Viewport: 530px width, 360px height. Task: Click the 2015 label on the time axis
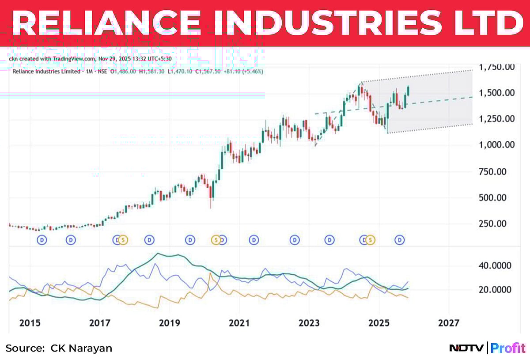30,323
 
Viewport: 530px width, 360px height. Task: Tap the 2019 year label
170,323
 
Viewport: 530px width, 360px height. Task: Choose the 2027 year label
449,323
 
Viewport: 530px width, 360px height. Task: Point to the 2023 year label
309,323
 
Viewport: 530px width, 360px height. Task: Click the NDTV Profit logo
487,348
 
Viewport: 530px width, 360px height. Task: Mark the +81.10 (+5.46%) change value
242,71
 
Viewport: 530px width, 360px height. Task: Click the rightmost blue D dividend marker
400,240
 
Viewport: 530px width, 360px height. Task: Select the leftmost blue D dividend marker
42,240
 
